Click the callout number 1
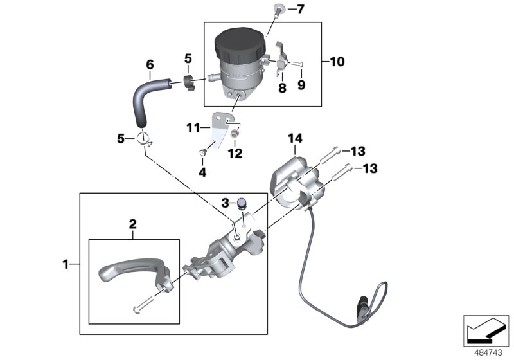(x=65, y=263)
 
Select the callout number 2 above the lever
(x=133, y=224)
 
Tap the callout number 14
(x=295, y=138)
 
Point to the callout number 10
(x=337, y=62)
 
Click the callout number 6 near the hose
(x=150, y=65)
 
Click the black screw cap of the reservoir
(x=237, y=44)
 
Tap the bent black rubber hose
(x=143, y=100)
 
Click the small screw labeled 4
(x=201, y=152)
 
